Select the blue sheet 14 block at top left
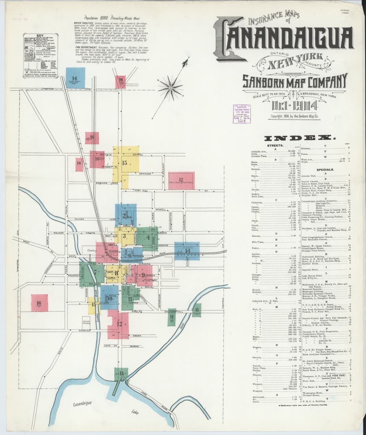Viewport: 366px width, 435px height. click(x=75, y=78)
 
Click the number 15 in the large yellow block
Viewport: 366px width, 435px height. click(x=125, y=163)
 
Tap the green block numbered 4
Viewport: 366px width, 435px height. click(x=147, y=238)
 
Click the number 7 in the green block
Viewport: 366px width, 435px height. click(x=95, y=271)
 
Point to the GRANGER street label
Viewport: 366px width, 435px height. click(x=144, y=174)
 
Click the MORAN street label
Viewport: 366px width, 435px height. click(x=134, y=347)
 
